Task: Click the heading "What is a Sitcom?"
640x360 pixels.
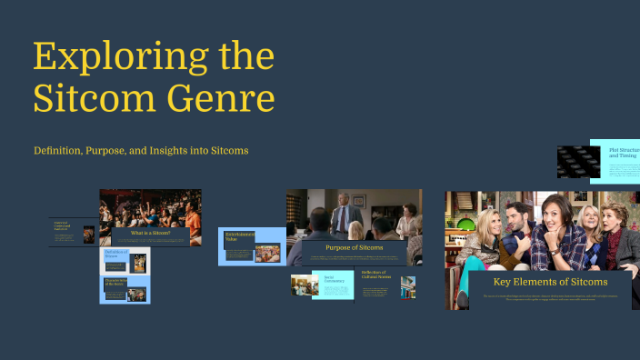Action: click(x=151, y=234)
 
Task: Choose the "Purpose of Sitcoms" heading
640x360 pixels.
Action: click(x=354, y=247)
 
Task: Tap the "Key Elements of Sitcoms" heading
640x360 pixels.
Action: click(x=550, y=282)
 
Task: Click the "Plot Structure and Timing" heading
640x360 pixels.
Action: click(x=625, y=152)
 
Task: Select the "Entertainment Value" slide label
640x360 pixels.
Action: click(x=240, y=237)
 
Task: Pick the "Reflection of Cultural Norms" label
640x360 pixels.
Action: click(x=375, y=275)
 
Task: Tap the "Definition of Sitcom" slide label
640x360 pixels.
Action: click(x=115, y=255)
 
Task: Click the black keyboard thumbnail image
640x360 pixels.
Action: click(x=573, y=161)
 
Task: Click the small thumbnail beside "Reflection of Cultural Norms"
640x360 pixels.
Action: click(x=408, y=287)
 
